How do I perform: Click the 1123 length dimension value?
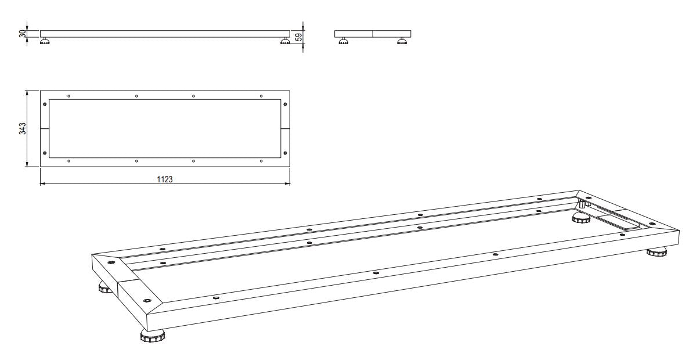(x=164, y=179)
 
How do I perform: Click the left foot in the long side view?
(x=44, y=41)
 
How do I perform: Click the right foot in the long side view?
(x=284, y=41)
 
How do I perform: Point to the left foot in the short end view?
(x=344, y=41)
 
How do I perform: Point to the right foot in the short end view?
(x=401, y=41)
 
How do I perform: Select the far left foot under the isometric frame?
(x=104, y=287)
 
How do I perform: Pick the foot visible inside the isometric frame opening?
(x=583, y=217)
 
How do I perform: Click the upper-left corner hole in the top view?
(x=45, y=104)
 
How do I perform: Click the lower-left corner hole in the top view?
(x=45, y=153)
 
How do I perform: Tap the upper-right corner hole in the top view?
(x=284, y=104)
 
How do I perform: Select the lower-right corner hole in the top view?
(x=284, y=153)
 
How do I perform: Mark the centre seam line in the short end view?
(x=372, y=34)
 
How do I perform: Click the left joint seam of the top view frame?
(x=45, y=128)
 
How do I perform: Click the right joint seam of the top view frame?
(x=284, y=128)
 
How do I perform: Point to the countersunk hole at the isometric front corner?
(x=146, y=300)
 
